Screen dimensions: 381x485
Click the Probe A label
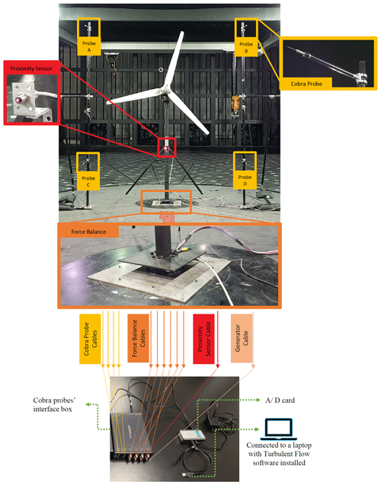pos(89,46)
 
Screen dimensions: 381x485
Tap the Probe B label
pos(246,47)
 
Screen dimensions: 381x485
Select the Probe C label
pos(88,181)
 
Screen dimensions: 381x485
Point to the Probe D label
pos(245,180)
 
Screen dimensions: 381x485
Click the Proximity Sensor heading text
pos(31,69)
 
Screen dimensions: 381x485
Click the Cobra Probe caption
pos(306,84)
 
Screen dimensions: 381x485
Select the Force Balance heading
pos(88,231)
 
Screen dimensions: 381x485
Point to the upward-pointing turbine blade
pos(174,59)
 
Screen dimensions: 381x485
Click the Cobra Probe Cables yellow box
pos(90,339)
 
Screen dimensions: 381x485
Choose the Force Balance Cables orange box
pos(139,338)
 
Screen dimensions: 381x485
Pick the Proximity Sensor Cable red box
pos(204,339)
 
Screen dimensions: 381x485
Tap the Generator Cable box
pos(242,338)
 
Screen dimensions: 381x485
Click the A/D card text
pos(280,400)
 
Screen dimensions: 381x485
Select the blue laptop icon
pos(279,429)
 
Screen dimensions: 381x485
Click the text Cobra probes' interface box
pos(54,404)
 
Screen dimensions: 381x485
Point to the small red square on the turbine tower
pos(167,147)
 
